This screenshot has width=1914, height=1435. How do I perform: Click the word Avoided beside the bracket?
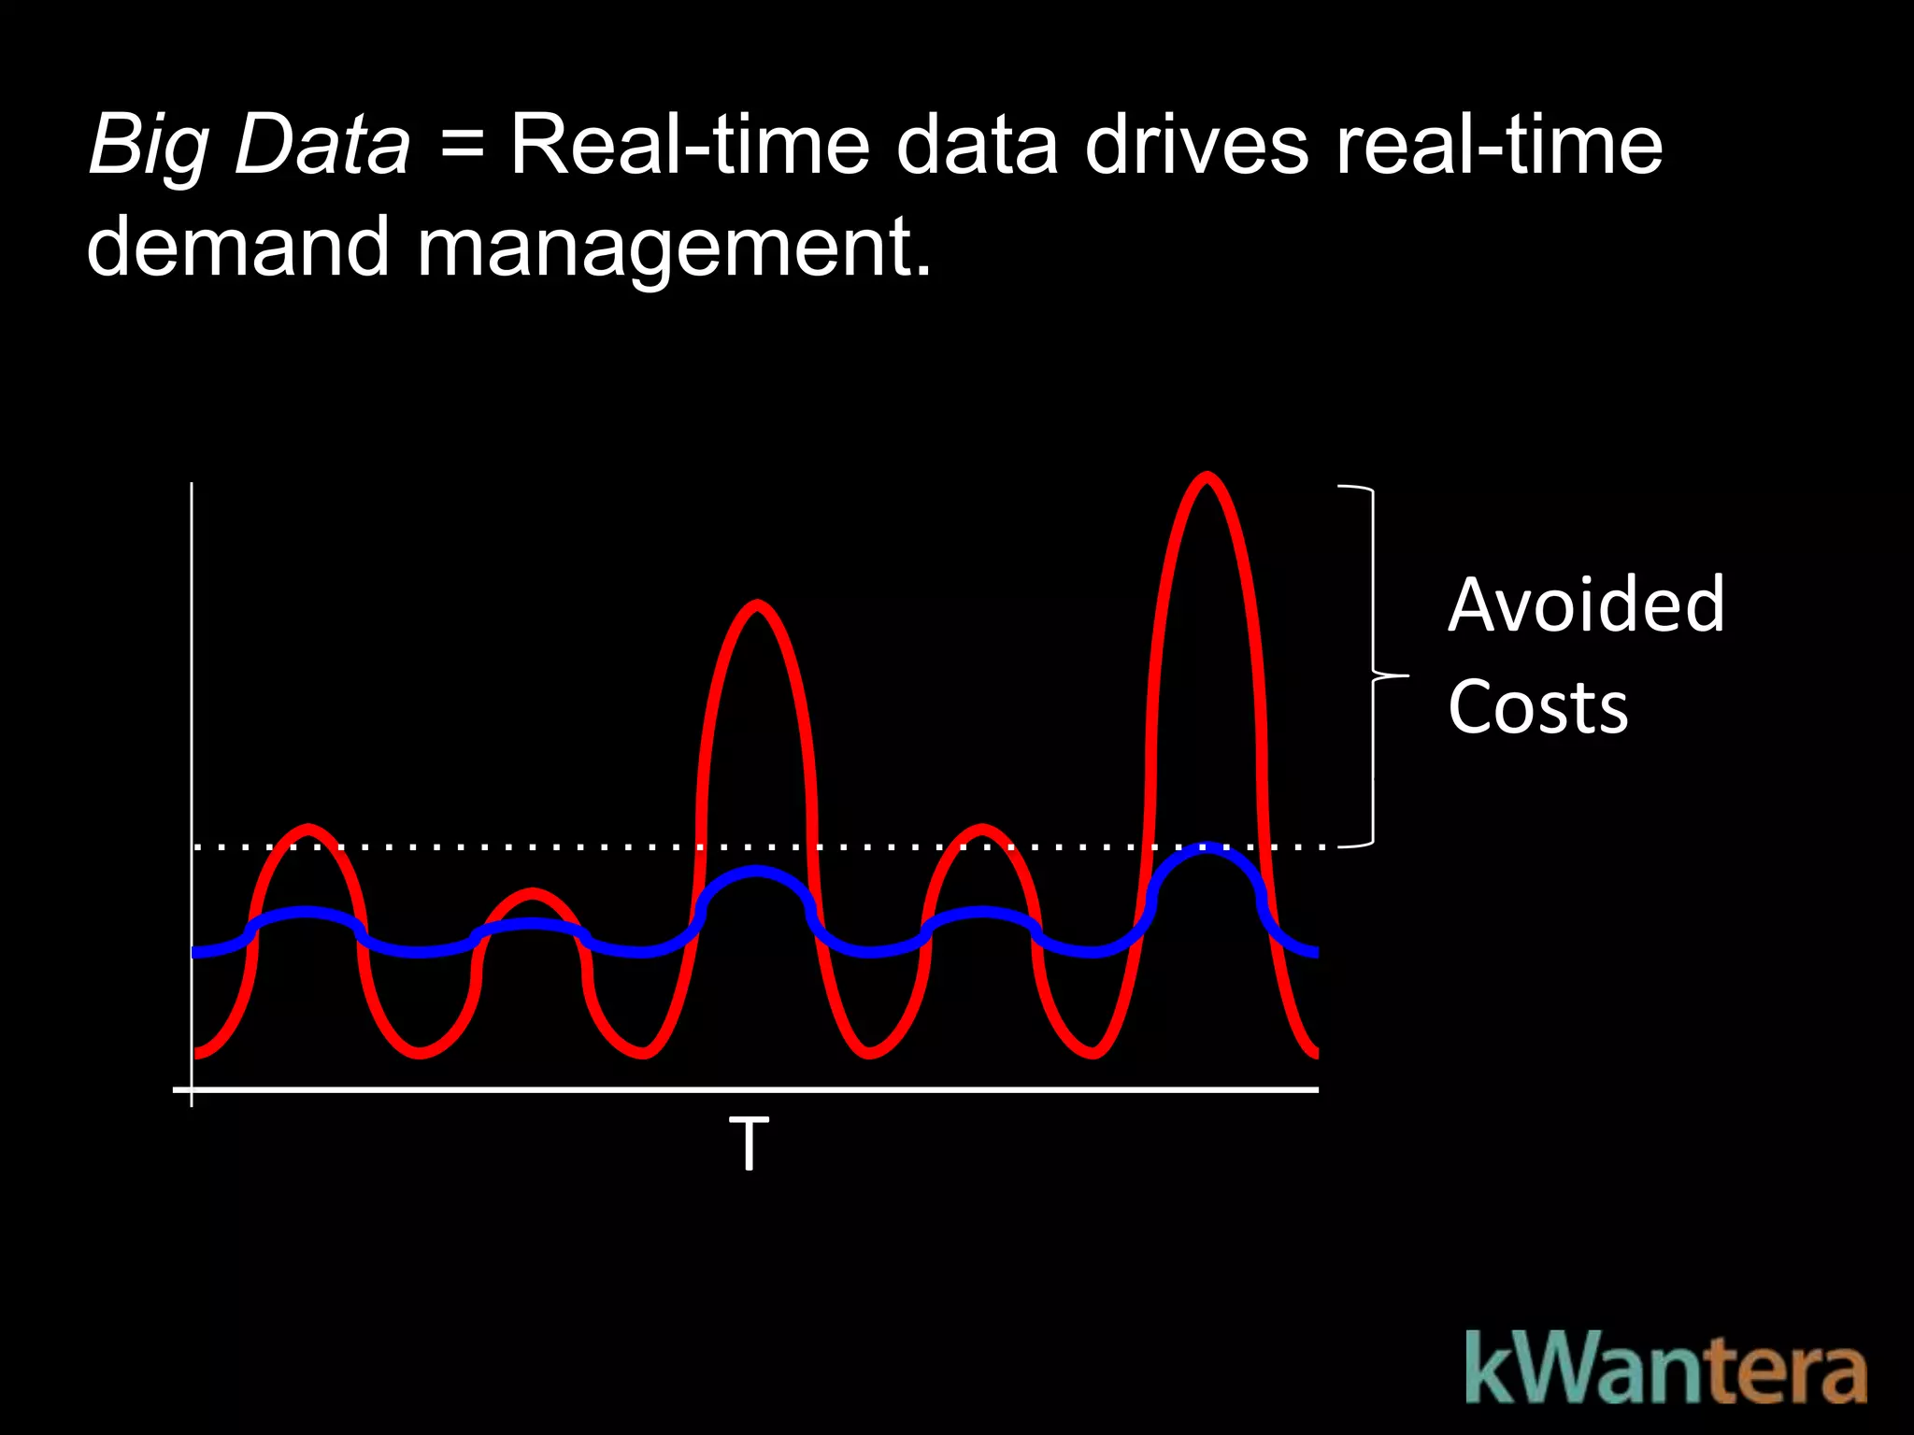(1586, 605)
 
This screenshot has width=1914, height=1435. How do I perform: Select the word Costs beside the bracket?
(1538, 707)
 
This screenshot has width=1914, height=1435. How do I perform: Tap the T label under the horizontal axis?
(749, 1144)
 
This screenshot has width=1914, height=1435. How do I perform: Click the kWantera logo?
(1665, 1370)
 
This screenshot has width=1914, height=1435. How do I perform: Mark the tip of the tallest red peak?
(1207, 477)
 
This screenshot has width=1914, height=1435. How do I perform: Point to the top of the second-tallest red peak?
(757, 605)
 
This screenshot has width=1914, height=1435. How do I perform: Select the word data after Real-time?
(978, 145)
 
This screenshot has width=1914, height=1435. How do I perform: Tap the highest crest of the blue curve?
(1207, 848)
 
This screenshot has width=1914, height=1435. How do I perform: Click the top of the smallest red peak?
(533, 893)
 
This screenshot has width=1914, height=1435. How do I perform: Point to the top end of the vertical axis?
(192, 485)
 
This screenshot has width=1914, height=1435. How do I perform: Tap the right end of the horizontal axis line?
(1316, 1089)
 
